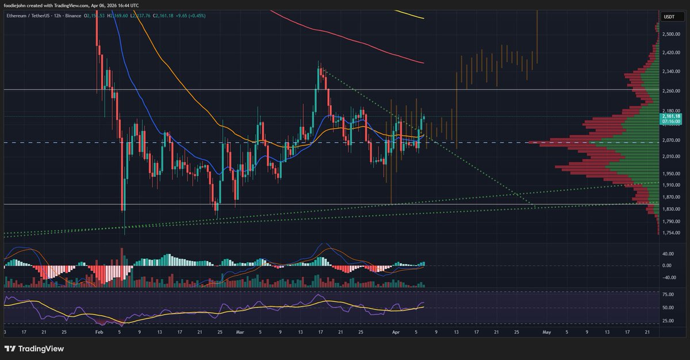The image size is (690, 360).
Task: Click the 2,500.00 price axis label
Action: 672,35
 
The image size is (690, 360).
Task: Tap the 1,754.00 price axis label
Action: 672,233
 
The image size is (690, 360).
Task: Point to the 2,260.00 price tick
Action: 672,91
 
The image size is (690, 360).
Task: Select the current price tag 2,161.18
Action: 672,117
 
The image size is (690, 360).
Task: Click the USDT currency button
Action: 669,17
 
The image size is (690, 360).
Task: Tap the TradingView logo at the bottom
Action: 34,348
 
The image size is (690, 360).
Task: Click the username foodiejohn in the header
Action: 18,6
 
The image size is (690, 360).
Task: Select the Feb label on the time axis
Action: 99,332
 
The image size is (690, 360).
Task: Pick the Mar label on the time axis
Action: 240,332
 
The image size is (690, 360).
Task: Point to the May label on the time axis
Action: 547,332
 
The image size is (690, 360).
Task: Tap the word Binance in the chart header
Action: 74,16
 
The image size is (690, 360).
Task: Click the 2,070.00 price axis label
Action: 672,140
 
